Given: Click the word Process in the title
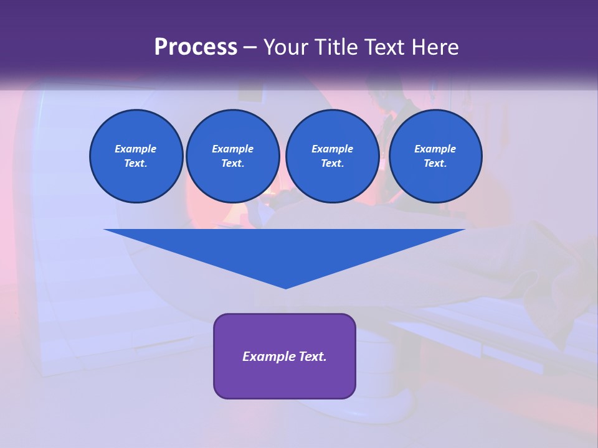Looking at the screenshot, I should [x=196, y=47].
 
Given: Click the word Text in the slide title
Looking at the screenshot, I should [x=385, y=47].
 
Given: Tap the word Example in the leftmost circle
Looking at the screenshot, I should [x=136, y=149].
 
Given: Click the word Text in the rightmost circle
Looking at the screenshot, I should [x=435, y=163].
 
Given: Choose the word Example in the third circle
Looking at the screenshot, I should [x=333, y=149].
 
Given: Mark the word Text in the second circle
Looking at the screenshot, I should [x=232, y=163].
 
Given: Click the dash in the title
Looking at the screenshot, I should [x=250, y=47].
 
